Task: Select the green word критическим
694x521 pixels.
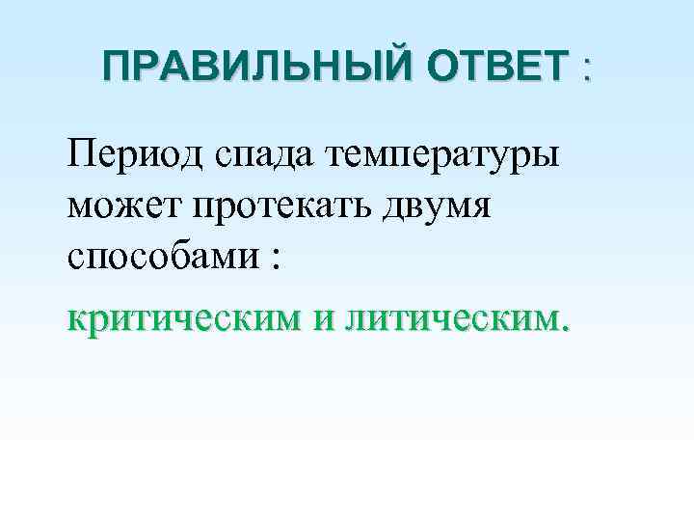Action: click(184, 318)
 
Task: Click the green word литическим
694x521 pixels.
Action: click(442, 318)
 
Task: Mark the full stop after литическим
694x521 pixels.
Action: click(566, 327)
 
